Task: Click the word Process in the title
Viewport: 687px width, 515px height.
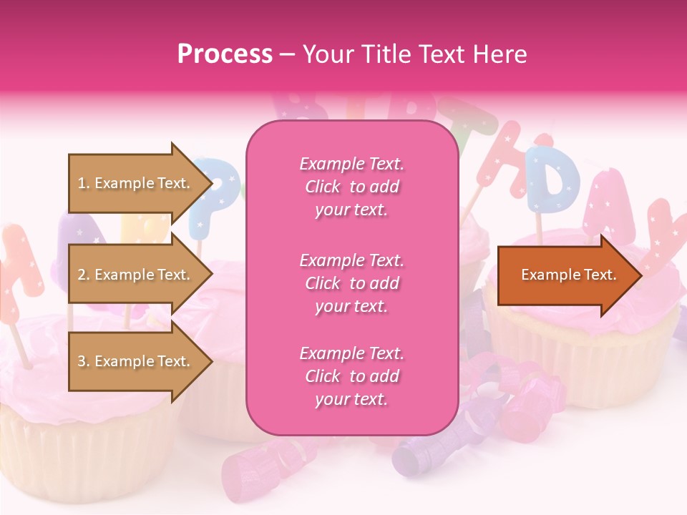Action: click(225, 54)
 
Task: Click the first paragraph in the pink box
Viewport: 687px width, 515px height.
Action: click(351, 187)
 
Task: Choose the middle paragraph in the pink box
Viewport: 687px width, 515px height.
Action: click(351, 283)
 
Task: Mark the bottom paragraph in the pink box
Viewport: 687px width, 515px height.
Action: click(351, 376)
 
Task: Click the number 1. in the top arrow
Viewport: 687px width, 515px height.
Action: click(84, 184)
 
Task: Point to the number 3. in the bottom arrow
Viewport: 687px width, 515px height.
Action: click(84, 361)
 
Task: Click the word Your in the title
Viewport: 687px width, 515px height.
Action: click(328, 54)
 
